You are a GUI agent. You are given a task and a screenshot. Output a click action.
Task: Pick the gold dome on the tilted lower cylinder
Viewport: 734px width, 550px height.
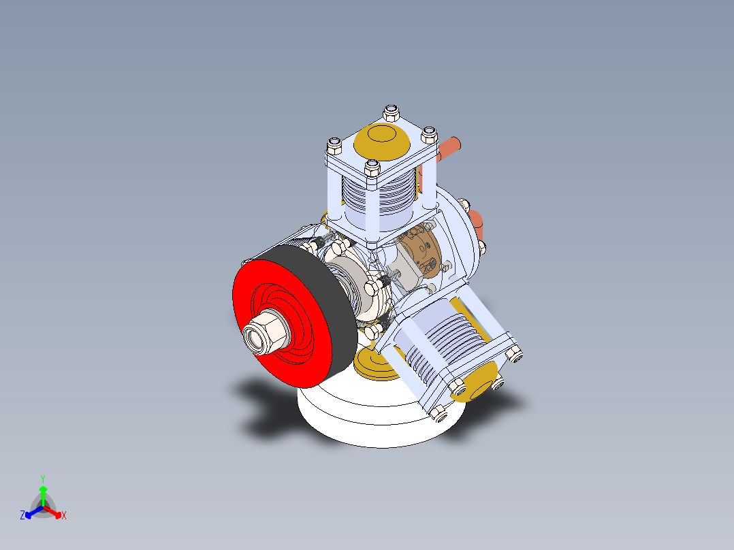[x=481, y=381]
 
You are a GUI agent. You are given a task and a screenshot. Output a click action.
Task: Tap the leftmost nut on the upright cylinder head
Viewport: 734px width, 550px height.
[x=334, y=144]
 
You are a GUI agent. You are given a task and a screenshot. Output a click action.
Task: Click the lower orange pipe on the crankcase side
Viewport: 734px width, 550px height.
[x=477, y=221]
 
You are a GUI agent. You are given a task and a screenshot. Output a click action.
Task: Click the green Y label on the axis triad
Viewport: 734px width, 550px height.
[x=42, y=478]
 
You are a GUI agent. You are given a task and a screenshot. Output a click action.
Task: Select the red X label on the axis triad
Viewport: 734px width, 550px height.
[x=64, y=516]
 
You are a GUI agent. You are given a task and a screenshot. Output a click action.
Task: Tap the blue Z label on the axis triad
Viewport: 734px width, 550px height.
[x=22, y=516]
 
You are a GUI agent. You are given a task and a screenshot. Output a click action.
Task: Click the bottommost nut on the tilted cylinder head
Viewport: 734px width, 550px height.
[x=438, y=412]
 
